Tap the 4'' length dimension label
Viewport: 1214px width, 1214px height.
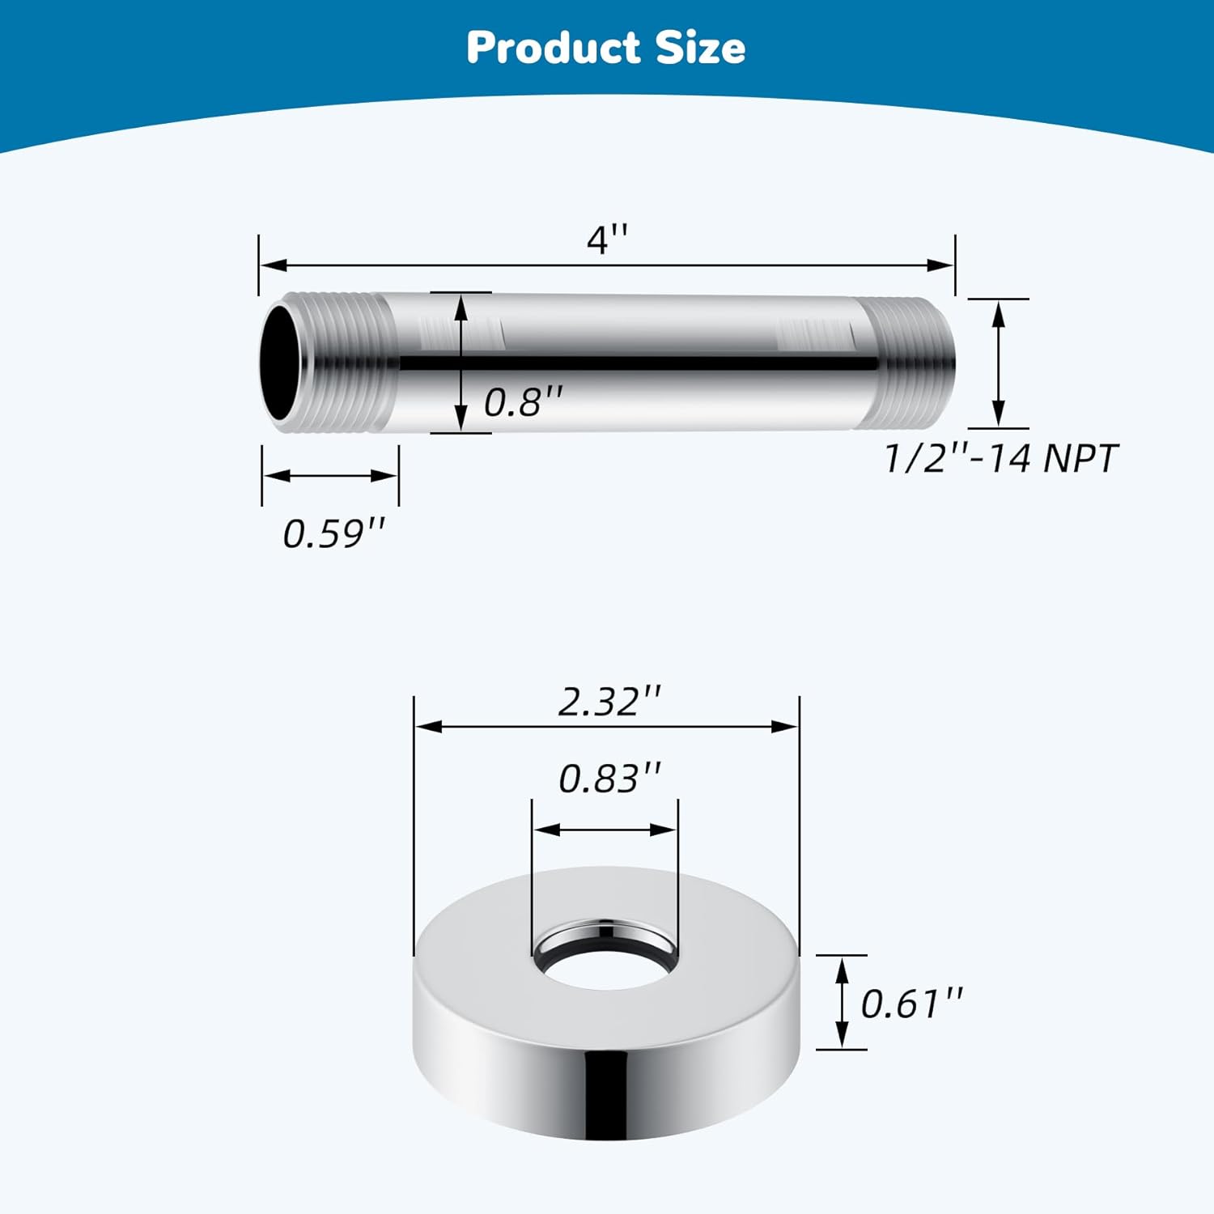[x=607, y=240]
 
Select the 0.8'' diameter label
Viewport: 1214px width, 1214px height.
[x=523, y=401]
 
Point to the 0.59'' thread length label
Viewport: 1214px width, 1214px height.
[x=334, y=533]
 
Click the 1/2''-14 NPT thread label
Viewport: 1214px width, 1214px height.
[x=1000, y=458]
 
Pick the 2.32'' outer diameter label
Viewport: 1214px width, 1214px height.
[x=609, y=701]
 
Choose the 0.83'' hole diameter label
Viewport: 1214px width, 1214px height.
[x=609, y=778]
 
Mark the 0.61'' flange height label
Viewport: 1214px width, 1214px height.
[x=912, y=1004]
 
